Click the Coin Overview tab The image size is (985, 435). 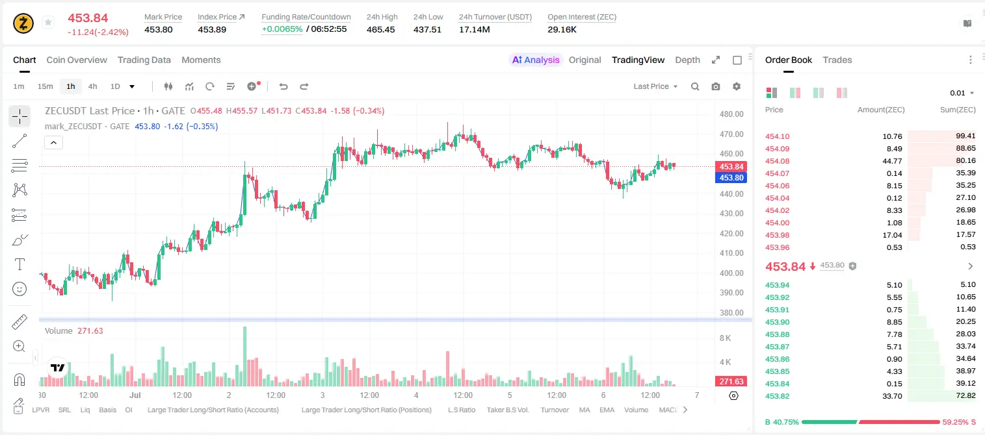point(77,60)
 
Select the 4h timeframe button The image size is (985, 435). point(92,86)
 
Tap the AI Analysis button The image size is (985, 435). point(536,60)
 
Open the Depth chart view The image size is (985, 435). point(687,60)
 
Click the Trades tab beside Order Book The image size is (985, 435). point(837,60)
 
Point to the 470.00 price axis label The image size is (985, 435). point(731,134)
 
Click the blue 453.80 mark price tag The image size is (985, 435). point(731,178)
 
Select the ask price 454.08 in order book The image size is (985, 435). point(778,161)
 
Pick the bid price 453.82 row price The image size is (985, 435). point(778,396)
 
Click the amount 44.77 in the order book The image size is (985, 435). point(892,161)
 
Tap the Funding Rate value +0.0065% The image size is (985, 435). point(282,29)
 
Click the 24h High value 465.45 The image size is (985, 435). point(381,29)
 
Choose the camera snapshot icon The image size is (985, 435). point(716,86)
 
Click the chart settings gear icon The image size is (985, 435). point(737,86)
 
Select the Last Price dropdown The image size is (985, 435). point(655,86)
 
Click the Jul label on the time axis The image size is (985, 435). point(135,395)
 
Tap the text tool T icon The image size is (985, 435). point(20,264)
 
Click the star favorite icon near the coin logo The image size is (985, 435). point(48,22)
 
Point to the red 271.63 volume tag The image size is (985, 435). point(731,382)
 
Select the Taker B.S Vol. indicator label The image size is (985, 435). point(507,410)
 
